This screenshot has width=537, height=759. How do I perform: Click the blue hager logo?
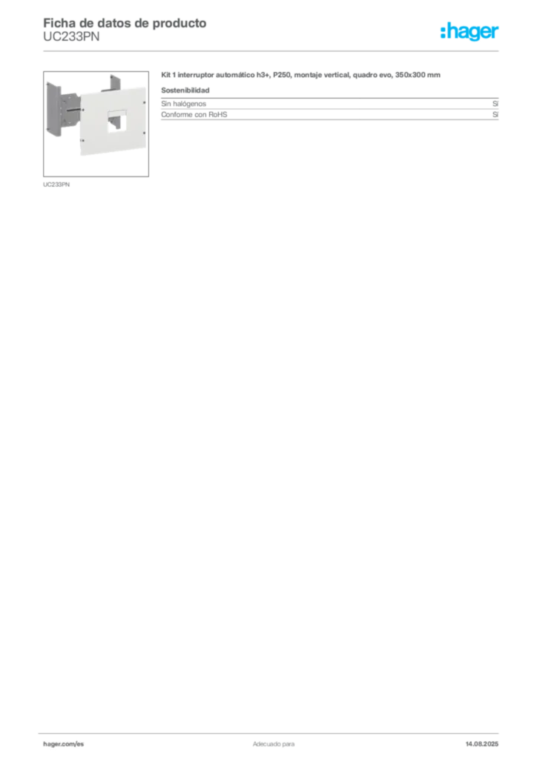click(470, 33)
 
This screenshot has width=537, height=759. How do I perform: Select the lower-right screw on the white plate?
click(143, 151)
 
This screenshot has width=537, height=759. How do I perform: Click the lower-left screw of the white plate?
click(81, 141)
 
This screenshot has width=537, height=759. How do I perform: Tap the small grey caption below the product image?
click(56, 184)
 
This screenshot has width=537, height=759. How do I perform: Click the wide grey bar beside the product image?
click(329, 115)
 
